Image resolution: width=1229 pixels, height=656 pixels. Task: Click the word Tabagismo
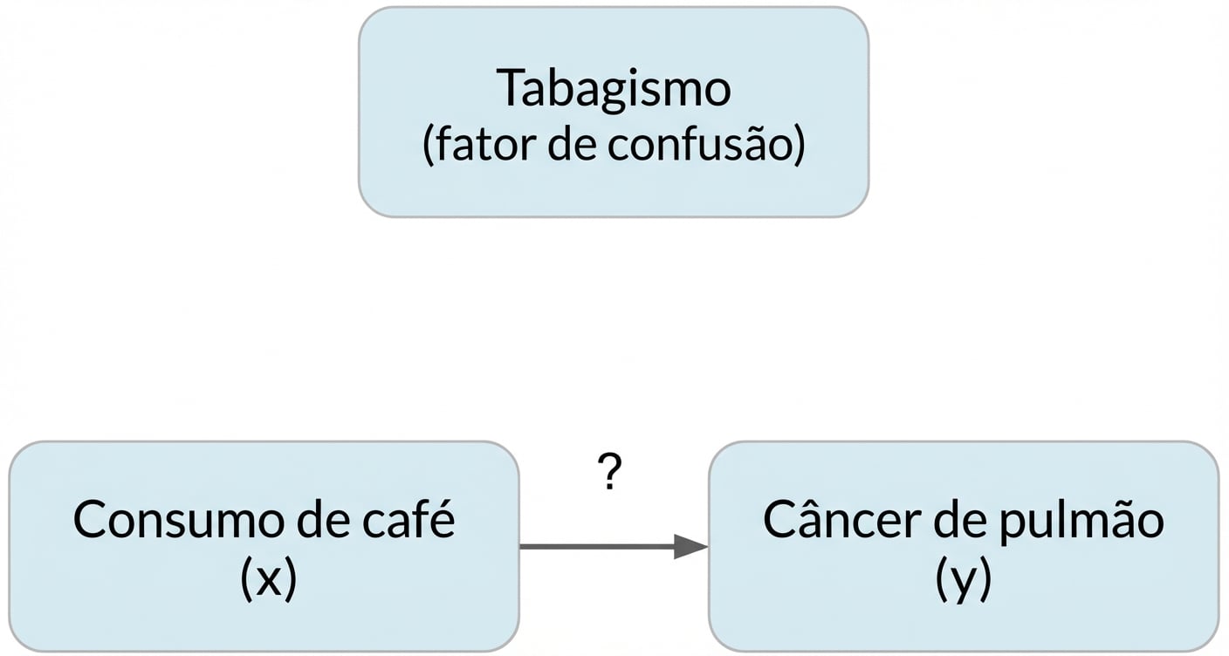pos(613,88)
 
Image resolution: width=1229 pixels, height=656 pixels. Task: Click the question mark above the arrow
pos(611,474)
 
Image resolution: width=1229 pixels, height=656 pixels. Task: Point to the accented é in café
pos(443,519)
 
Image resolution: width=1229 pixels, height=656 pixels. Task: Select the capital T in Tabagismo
pos(511,88)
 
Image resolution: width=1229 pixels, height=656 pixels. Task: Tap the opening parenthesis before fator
pos(429,146)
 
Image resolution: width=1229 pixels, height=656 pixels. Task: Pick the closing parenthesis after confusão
pos(797,146)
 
